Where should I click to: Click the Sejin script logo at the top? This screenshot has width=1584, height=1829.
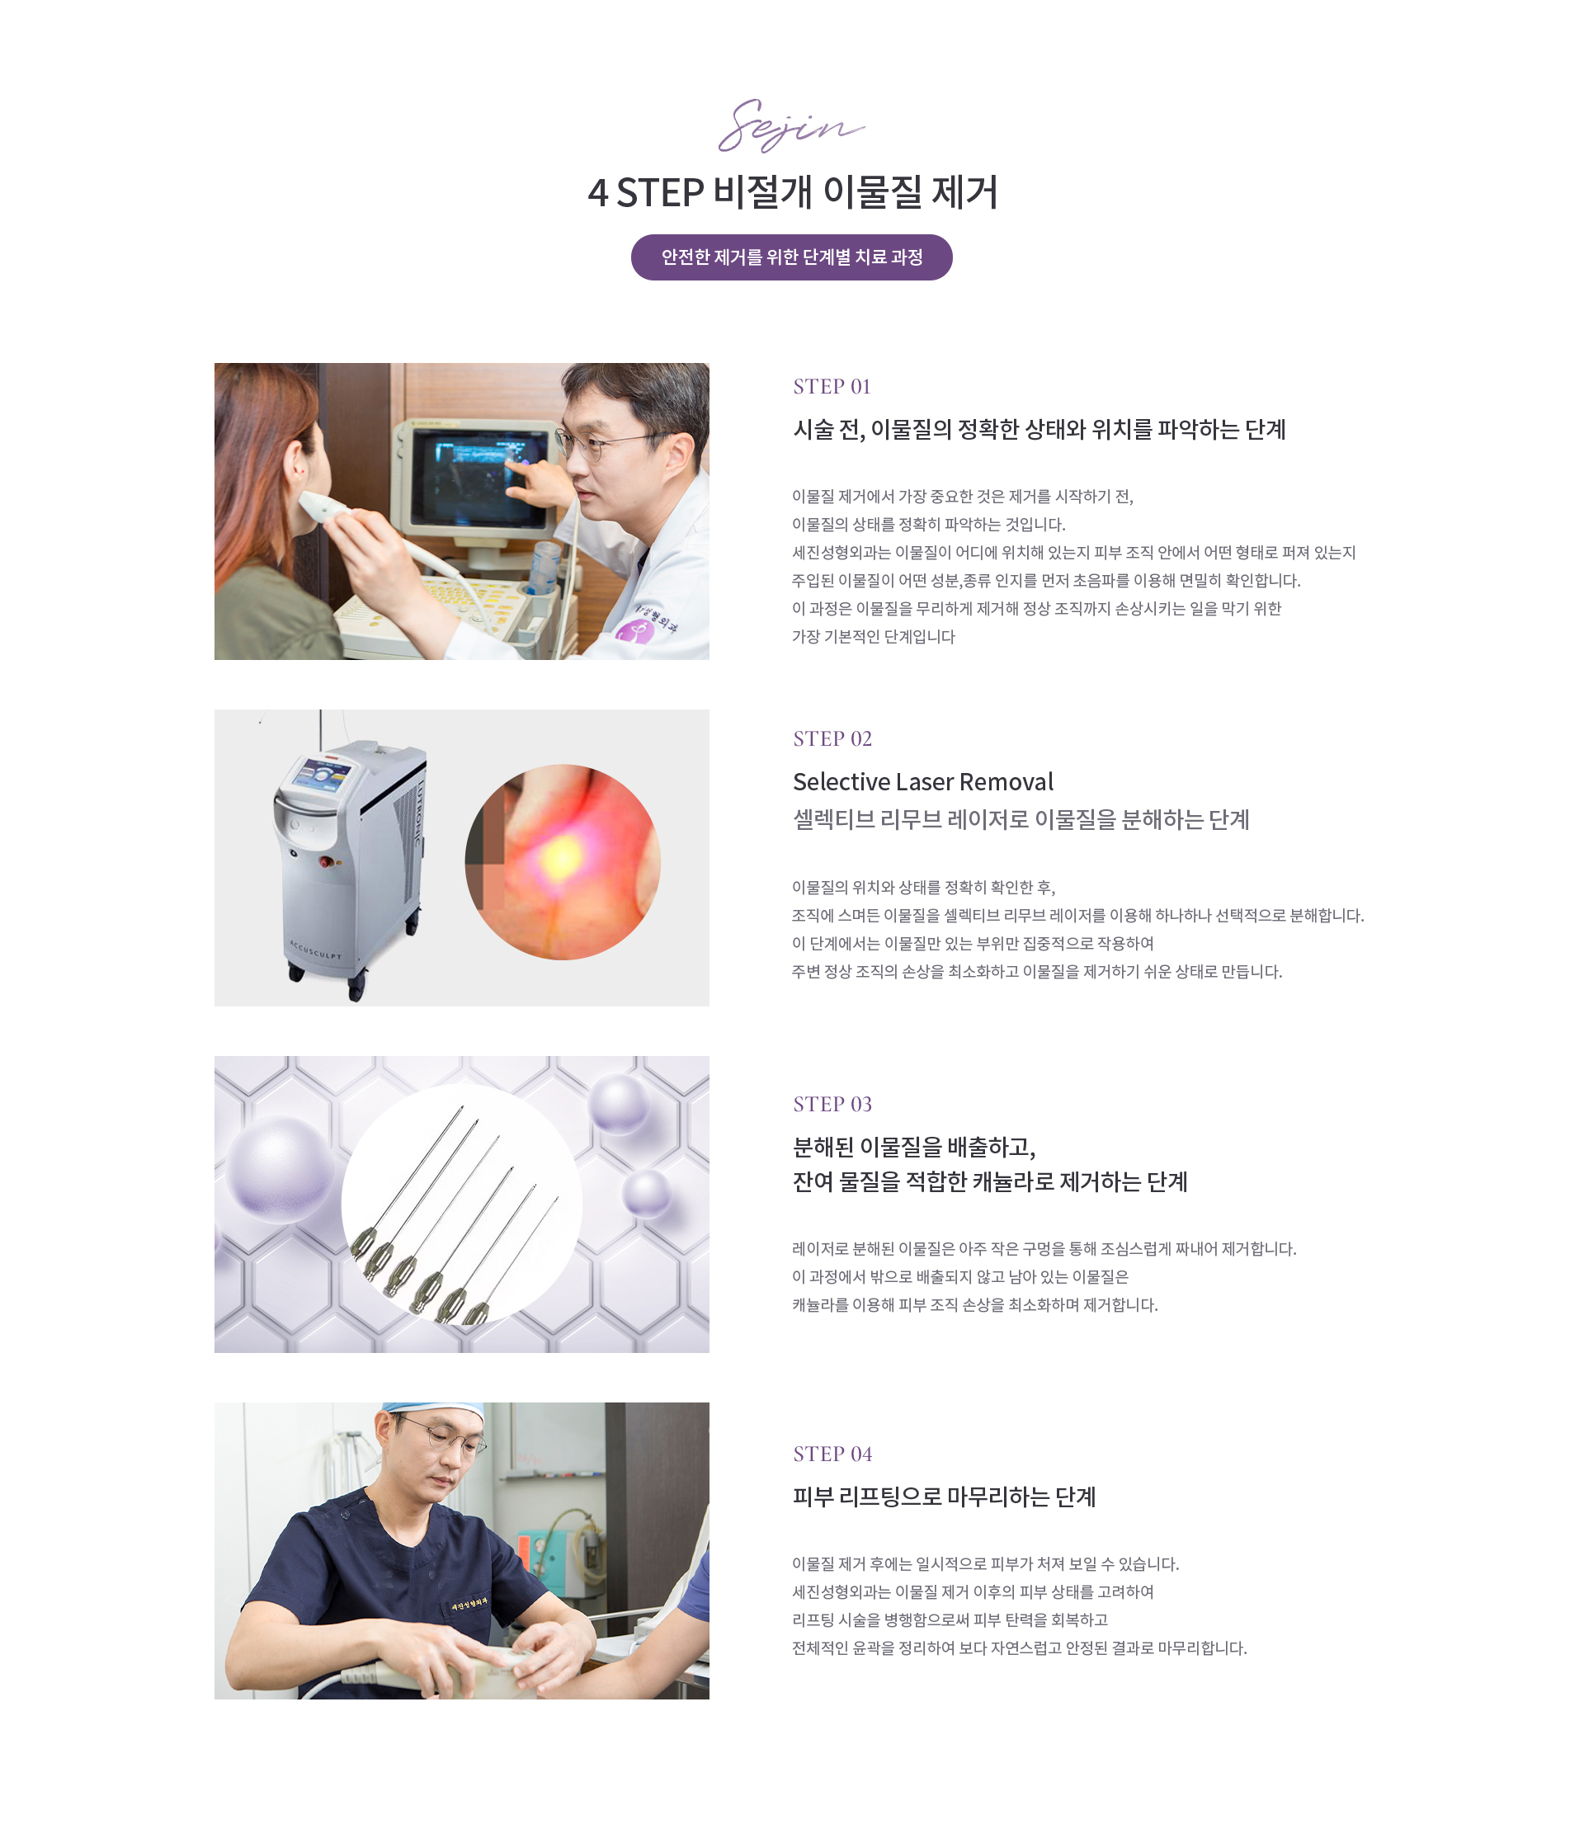pyautogui.click(x=790, y=125)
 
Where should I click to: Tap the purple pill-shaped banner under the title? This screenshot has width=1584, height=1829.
pyautogui.click(x=791, y=257)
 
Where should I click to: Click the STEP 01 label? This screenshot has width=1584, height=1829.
pyautogui.click(x=832, y=386)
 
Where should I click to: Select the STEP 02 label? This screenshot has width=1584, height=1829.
pyautogui.click(x=832, y=738)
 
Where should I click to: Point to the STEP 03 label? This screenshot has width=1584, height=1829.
pyautogui.click(x=832, y=1103)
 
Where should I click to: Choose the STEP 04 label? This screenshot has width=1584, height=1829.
pyautogui.click(x=832, y=1454)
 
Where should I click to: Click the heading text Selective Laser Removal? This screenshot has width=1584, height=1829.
pyautogui.click(x=923, y=781)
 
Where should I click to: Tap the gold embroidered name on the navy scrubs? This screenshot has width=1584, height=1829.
pyautogui.click(x=469, y=1602)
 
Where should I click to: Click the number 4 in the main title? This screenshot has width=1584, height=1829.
pyautogui.click(x=597, y=193)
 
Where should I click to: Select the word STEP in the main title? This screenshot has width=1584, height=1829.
pyautogui.click(x=659, y=193)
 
